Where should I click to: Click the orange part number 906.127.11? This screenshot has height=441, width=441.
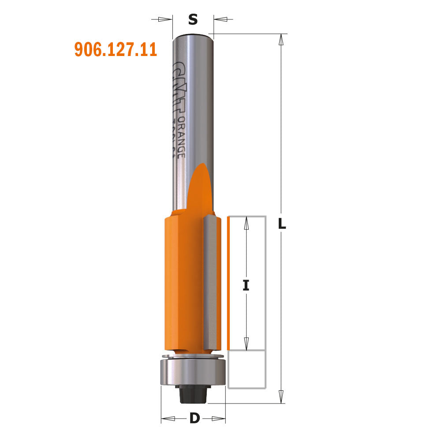point(116,49)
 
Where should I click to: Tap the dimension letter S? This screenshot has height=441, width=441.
point(193,19)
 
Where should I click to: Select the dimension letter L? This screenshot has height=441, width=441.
point(282,224)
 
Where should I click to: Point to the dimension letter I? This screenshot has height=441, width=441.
point(246,286)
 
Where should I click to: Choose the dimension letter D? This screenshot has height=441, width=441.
point(194,418)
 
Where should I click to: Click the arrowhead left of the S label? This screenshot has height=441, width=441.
point(165,19)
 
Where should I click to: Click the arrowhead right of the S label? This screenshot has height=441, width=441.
point(221,19)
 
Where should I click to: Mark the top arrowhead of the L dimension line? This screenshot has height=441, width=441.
point(280,40)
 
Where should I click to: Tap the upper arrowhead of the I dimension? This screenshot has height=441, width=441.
point(246,224)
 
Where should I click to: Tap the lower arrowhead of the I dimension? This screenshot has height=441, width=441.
point(246,342)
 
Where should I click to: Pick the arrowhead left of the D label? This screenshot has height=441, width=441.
point(168,418)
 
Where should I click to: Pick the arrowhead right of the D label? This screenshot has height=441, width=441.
point(219,418)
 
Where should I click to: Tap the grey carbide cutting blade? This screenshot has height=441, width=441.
point(212,282)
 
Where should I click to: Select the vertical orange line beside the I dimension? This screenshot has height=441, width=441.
point(228,282)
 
